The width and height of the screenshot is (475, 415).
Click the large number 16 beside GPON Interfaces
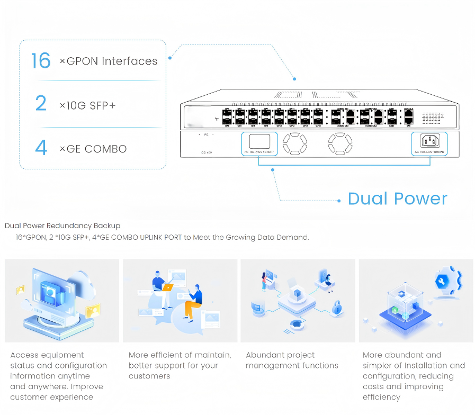coord(41,61)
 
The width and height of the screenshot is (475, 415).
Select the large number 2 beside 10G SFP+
coord(41,104)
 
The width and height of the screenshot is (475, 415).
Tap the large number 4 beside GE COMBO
coord(41,148)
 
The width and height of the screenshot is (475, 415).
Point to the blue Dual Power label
coord(397,199)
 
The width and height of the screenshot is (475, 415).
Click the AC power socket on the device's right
coord(429,141)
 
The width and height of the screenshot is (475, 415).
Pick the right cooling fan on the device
coord(339,143)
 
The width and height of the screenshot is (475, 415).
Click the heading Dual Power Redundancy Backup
coord(62,226)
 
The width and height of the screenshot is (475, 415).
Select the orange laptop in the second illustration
coord(167,287)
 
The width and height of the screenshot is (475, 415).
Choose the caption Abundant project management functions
coord(292,360)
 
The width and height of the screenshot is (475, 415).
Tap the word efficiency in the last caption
coord(381,397)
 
